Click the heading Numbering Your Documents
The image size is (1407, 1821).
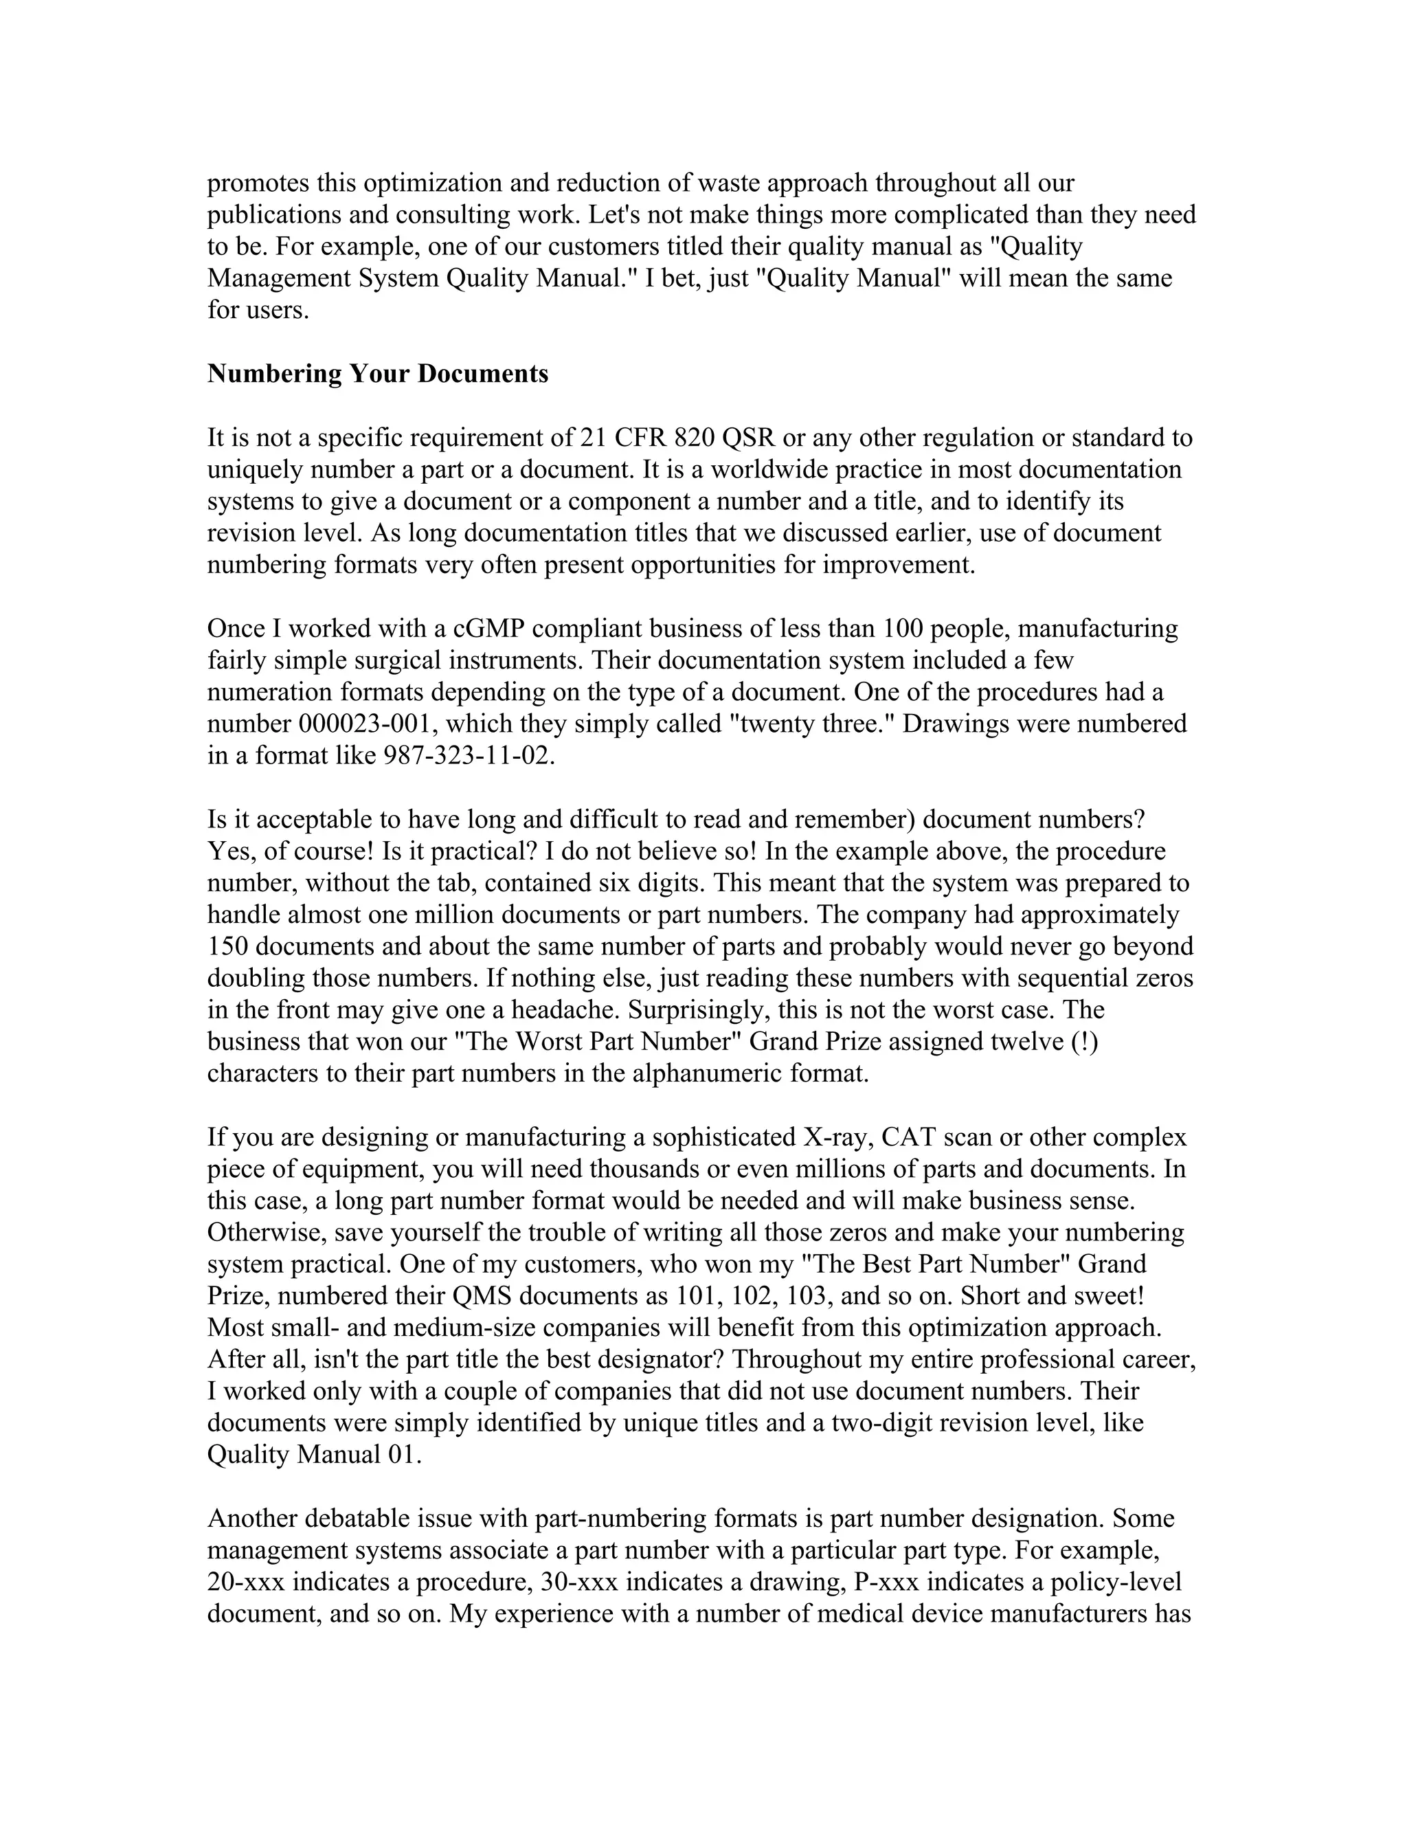(378, 374)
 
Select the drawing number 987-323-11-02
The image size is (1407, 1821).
(469, 755)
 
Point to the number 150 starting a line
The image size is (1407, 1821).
(227, 947)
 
